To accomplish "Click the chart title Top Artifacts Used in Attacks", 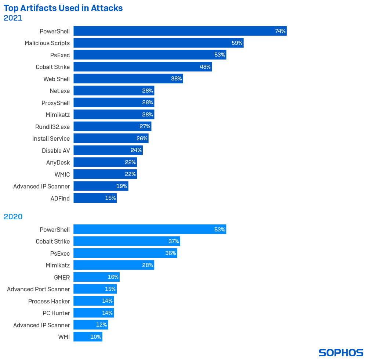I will (63, 8).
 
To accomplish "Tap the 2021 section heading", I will (13, 18).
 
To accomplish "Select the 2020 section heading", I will (13, 217).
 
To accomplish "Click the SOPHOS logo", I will (341, 353).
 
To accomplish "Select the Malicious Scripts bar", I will (158, 43).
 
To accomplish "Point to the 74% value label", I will (280, 31).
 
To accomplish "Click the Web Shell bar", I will (128, 79).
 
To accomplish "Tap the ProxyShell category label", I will (55, 103).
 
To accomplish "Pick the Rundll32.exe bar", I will (112, 126).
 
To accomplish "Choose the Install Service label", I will (51, 138).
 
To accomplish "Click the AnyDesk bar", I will (105, 162).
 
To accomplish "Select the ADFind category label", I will (60, 198).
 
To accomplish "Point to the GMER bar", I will (97, 277).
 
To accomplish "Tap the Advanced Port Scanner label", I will (39, 289).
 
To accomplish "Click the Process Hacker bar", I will (94, 301).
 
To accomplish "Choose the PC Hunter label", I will (56, 313).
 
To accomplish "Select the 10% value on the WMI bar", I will (96, 337).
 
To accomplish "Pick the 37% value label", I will (174, 241).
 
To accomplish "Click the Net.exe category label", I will (60, 91).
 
